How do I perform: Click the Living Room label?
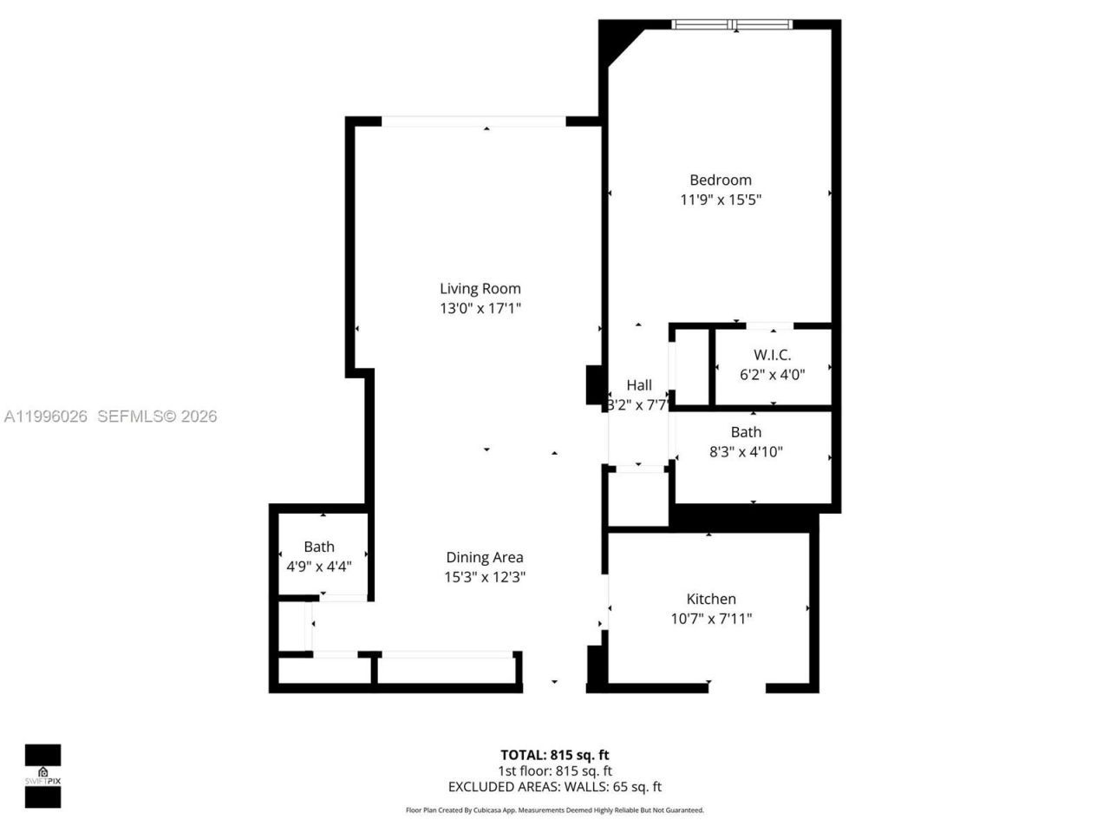[480, 289]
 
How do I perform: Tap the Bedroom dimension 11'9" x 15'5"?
[720, 200]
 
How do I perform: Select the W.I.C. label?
[772, 355]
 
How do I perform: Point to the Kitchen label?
[711, 599]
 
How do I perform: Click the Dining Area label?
[484, 557]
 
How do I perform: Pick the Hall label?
[639, 385]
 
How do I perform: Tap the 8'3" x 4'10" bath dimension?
[746, 451]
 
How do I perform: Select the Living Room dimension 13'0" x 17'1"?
[480, 308]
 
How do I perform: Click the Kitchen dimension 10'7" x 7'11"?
[711, 619]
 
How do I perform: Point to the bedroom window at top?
[733, 24]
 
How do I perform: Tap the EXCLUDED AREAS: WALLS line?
[554, 787]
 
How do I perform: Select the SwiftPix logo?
[42, 775]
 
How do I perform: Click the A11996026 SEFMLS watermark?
[110, 416]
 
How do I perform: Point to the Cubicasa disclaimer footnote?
[555, 810]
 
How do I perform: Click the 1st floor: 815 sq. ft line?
[554, 771]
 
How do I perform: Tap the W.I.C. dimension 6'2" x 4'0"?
[772, 375]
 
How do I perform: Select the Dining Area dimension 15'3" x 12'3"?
[484, 577]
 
